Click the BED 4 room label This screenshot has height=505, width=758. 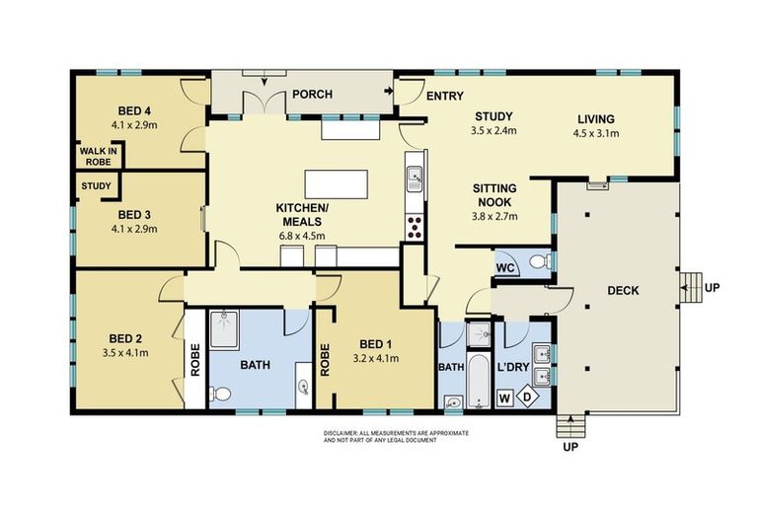click(x=134, y=111)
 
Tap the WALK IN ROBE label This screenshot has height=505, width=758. click(x=98, y=156)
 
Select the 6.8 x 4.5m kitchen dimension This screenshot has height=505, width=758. click(x=302, y=237)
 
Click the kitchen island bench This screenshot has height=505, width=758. click(x=336, y=183)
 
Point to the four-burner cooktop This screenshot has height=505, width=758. click(x=415, y=227)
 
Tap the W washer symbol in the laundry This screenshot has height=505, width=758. click(x=504, y=398)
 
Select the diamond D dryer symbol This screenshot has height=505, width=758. click(x=528, y=397)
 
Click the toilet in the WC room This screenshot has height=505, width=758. click(x=540, y=262)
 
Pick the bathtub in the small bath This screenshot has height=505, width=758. click(x=478, y=382)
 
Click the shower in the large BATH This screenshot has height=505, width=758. click(x=224, y=329)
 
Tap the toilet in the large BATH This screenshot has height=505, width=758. click(x=220, y=394)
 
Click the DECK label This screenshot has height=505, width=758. click(x=623, y=290)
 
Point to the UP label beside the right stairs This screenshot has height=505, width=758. click(x=712, y=288)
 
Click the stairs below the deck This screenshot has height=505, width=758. click(x=570, y=426)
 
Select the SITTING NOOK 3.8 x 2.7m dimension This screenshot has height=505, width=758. click(x=494, y=216)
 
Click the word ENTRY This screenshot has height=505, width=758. click(x=445, y=97)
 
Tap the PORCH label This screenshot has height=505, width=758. click(x=312, y=94)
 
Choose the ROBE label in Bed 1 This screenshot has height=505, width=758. click(x=325, y=360)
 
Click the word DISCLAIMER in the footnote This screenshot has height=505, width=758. click(x=341, y=433)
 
